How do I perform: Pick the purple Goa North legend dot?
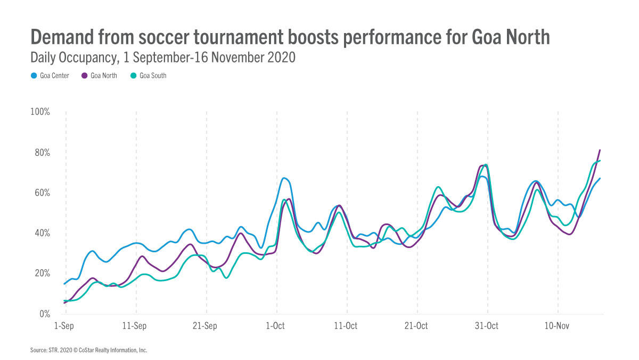pos(84,76)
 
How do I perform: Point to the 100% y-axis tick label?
pos(40,112)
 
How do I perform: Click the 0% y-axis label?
pos(44,314)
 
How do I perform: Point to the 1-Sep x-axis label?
pos(64,326)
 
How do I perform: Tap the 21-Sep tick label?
pos(204,326)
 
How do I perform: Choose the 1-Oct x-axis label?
pos(275,326)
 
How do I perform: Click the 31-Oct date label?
pos(486,326)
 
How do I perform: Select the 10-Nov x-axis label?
pos(556,326)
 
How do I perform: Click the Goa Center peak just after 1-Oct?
pos(284,178)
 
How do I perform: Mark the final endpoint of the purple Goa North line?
pos(600,150)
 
